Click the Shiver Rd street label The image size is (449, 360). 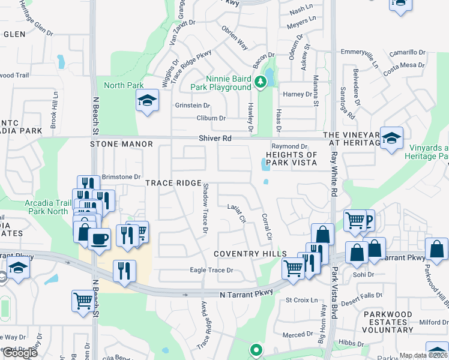coord(215,139)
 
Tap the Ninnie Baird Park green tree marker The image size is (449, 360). coord(261,82)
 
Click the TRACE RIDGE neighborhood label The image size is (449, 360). coord(172,183)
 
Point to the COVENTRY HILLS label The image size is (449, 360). coord(250,254)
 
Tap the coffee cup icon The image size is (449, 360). coord(98,238)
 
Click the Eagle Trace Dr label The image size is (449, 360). coord(211,271)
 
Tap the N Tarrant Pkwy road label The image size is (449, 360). coord(246,293)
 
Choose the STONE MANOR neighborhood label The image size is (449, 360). coord(122,145)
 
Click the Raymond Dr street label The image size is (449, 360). coord(289,146)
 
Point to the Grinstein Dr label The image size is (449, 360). coord(192,106)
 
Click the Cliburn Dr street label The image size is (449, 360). coord(211,118)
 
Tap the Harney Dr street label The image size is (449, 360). coord(298,94)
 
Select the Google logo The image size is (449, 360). coord(19,353)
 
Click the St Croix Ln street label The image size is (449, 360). coord(301,300)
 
